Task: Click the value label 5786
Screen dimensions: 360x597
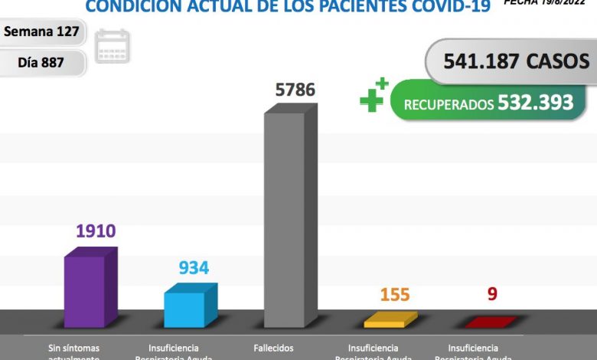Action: click(x=295, y=90)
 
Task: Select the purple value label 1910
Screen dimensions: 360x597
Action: click(x=95, y=231)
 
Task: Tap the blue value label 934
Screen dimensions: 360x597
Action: click(x=194, y=268)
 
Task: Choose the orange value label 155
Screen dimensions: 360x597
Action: click(x=394, y=294)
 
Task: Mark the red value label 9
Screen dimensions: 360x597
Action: click(x=491, y=293)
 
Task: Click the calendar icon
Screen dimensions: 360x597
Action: click(x=113, y=46)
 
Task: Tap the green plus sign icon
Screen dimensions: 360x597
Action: click(x=373, y=96)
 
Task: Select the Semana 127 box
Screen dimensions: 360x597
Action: click(x=43, y=32)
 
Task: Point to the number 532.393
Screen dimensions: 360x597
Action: click(x=535, y=103)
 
